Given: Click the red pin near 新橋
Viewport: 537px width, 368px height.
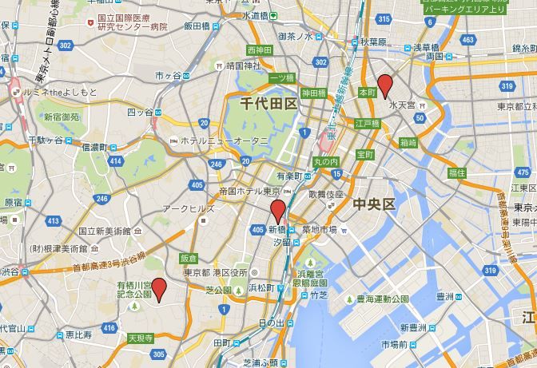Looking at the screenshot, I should pos(277,212).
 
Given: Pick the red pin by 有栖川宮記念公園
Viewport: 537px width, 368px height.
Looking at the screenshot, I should pos(159,289).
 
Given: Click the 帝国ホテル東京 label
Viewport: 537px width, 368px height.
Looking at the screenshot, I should pos(249,192).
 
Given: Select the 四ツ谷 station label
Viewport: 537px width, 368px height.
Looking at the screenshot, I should pos(139,113).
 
